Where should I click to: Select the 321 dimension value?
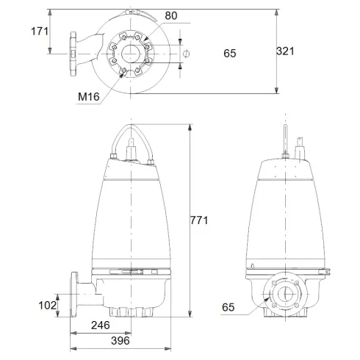(286, 51)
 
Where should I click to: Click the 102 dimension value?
(47, 303)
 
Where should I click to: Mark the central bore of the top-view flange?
(132, 53)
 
